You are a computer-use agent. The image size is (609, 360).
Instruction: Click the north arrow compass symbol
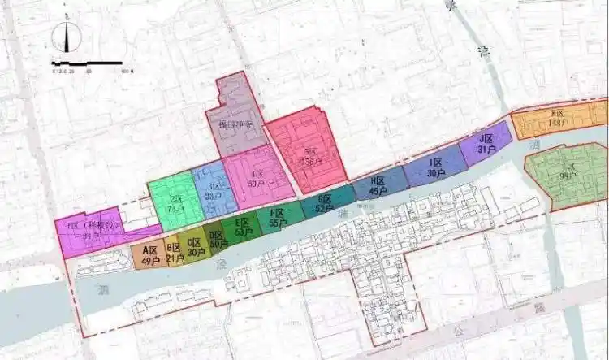point(67,37)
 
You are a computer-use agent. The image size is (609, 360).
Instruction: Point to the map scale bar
point(87,63)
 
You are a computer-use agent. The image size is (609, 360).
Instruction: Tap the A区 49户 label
point(148,255)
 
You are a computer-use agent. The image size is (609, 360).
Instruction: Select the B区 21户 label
point(173,253)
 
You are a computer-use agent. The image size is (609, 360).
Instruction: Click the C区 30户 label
point(195,247)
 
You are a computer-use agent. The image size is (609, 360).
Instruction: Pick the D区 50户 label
point(218,239)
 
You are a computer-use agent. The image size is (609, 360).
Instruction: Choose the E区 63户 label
point(241,228)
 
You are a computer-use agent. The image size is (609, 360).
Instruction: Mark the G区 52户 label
point(324,204)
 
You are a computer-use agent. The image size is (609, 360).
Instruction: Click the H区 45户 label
point(378,186)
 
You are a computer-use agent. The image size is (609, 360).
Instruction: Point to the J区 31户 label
point(486,144)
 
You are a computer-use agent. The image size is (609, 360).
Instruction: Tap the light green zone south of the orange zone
point(567,173)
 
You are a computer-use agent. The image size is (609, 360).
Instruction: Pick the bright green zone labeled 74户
point(175,203)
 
